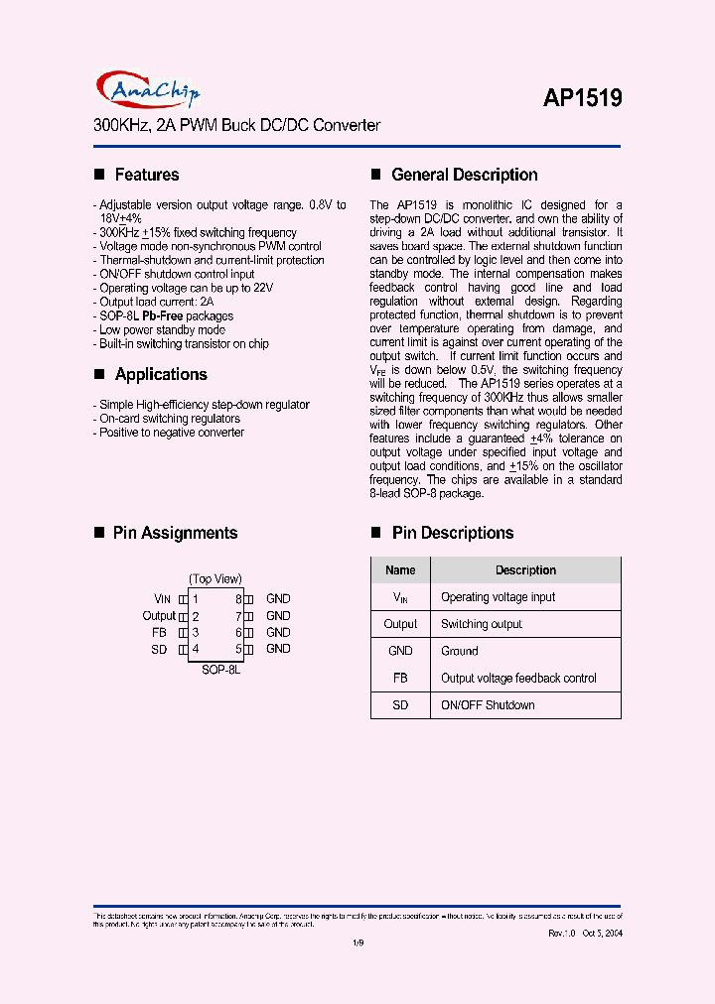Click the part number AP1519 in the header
582,98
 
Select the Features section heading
146,175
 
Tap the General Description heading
464,175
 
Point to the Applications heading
160,374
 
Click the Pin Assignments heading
175,533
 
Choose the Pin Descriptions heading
452,533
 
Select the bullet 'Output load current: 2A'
156,302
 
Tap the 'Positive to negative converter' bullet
171,433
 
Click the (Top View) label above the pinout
215,578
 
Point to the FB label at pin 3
159,632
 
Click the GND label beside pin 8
278,599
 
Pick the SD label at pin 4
159,649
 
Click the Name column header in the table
400,570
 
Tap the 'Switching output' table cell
481,624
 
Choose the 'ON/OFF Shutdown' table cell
488,705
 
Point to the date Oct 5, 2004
604,934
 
